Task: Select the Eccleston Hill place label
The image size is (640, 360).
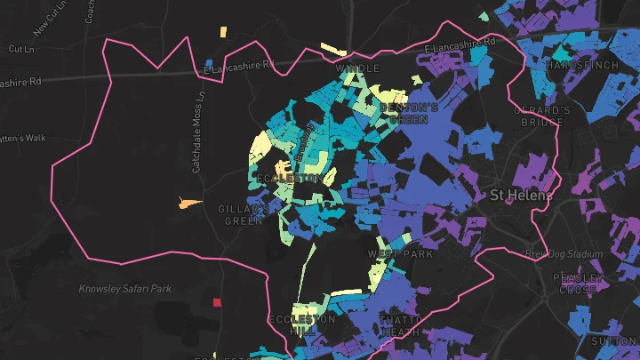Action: point(302,324)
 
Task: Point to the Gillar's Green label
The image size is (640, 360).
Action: point(244,214)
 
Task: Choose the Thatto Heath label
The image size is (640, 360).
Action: point(401,325)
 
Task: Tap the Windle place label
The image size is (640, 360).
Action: point(357,68)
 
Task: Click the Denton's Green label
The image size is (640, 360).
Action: point(410,113)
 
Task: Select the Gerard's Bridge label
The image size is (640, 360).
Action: point(542,116)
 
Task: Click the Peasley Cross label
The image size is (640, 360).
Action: point(579,284)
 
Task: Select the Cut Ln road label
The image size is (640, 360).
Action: point(20,49)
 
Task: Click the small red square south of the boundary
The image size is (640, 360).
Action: point(216,302)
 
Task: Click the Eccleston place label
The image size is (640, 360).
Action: point(288,179)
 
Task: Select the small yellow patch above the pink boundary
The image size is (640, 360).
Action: point(222,33)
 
